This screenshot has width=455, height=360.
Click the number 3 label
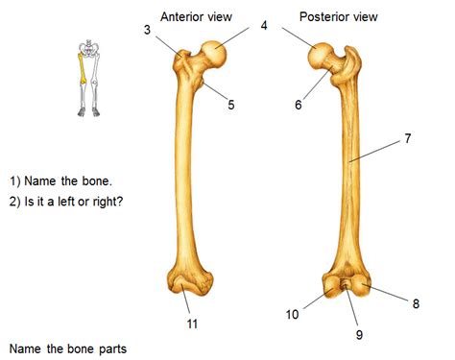point(147,32)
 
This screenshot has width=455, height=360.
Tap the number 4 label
point(264,26)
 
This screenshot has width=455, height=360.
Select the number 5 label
point(231,105)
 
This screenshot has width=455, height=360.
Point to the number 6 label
point(299,105)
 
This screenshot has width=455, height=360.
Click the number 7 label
point(408,138)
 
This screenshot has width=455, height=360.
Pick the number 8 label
point(416,304)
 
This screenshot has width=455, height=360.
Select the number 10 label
point(292,314)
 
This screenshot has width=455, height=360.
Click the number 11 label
point(192,324)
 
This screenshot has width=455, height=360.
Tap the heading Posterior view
point(337,15)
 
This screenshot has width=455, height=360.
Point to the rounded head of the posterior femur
point(323,58)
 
